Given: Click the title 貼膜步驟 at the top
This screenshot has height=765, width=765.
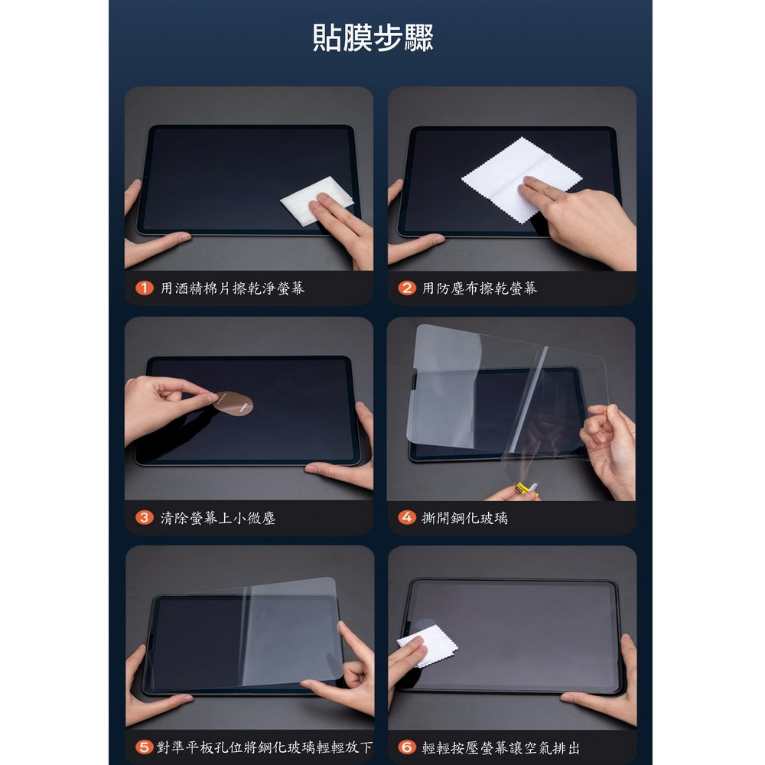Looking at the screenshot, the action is pos(373,37).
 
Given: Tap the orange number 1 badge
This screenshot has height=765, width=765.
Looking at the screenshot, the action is pos(145,288).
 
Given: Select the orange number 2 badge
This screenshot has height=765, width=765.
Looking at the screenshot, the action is pos(407,288).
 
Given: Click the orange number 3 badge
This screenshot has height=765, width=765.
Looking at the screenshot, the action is pos(145,517).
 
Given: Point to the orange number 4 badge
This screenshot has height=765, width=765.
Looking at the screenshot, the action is pos(407,517).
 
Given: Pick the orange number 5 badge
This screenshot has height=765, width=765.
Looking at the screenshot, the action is pos(145,747).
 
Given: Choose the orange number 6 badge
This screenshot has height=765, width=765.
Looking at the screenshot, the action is pos(407,747).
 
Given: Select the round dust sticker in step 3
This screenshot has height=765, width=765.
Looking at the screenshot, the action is pos(234,404).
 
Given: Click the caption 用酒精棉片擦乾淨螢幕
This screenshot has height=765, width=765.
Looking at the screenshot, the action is pos(233,288).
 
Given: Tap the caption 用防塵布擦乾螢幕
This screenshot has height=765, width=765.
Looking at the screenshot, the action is pos(480,288).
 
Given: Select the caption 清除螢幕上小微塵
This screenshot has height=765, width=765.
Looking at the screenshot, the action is pos(218,518).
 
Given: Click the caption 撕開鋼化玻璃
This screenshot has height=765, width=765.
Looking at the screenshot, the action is pos(465,518).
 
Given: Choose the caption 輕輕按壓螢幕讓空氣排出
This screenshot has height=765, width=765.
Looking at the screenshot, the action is pos(501,747).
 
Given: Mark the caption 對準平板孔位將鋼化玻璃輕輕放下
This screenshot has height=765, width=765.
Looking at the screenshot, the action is pos(265,747).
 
